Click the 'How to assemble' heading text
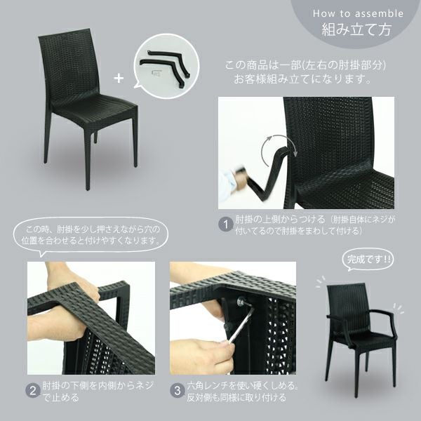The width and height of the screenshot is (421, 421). (x=358, y=14)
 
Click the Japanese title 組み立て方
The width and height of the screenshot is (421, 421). (x=356, y=29)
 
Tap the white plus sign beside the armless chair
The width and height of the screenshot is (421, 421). (x=119, y=79)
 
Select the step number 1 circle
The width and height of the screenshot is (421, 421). (x=226, y=225)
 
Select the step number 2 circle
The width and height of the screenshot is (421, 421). (x=33, y=391)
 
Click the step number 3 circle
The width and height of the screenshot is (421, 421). (x=178, y=391)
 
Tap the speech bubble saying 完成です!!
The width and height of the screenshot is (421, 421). (x=367, y=260)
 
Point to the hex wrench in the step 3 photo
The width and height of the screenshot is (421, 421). (x=241, y=325)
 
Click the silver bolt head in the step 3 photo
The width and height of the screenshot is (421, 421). (x=240, y=301)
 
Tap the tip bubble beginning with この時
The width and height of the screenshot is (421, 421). (x=91, y=235)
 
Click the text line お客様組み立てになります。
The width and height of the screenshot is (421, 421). (x=302, y=79)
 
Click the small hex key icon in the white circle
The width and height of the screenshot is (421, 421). (x=155, y=73)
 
